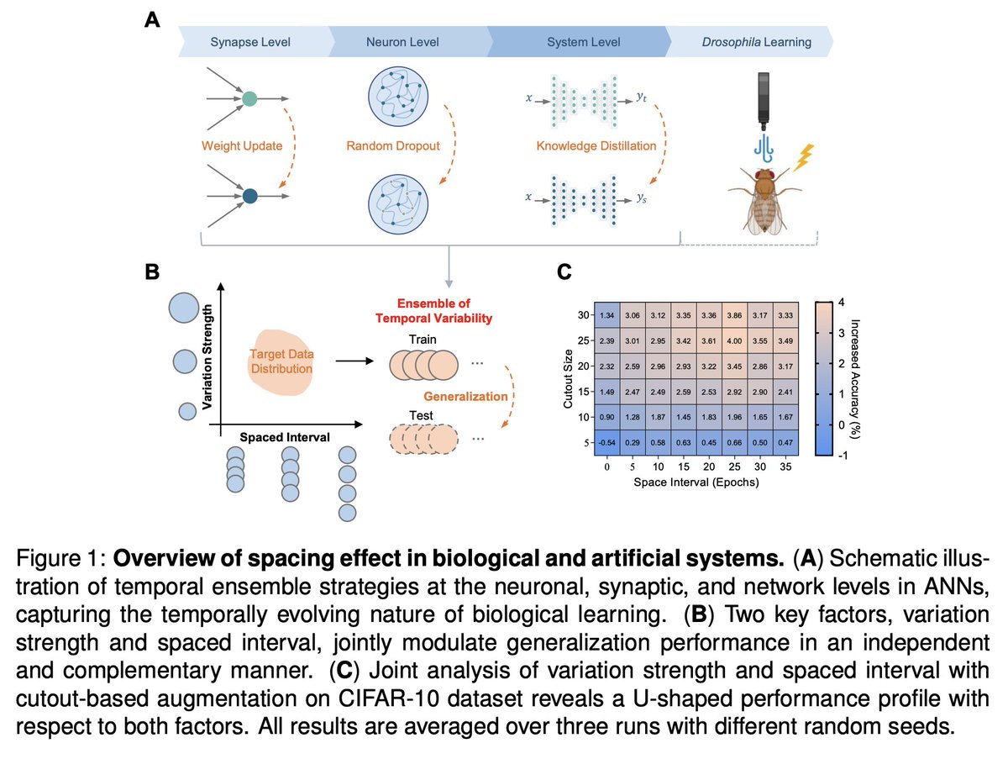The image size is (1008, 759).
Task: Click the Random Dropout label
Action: pos(392,146)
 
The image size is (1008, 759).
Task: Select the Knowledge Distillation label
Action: pos(596,146)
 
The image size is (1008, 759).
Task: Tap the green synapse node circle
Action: pos(249,98)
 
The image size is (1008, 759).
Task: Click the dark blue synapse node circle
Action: pos(249,197)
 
